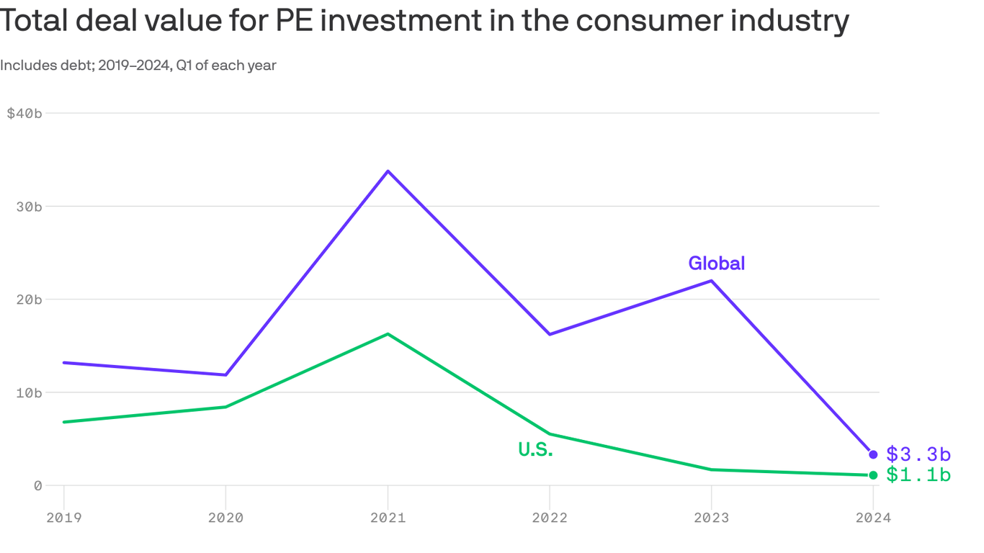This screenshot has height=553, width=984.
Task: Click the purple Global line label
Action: coord(716,264)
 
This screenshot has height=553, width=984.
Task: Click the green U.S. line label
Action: coord(535,450)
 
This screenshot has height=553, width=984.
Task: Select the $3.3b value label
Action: coord(918,454)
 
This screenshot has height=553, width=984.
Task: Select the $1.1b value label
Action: coord(918,475)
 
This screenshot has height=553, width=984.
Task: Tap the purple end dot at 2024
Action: coord(873,454)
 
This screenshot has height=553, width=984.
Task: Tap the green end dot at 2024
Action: coord(873,475)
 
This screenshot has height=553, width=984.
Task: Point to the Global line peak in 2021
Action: coord(388,171)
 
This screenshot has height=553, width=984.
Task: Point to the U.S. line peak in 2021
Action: coord(388,333)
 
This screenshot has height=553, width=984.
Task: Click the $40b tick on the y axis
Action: coord(24,113)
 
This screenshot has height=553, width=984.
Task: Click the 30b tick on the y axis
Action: coord(29,207)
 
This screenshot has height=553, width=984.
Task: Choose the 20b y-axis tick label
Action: coord(29,300)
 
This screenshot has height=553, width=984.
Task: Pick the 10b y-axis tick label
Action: coord(29,392)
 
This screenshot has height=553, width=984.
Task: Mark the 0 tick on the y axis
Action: coord(37,485)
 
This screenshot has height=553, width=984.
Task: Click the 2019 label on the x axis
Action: coord(63,518)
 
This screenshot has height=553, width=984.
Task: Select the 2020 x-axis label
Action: coord(225,518)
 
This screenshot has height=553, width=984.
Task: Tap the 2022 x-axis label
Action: coord(550,518)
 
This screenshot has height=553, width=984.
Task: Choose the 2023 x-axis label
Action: coord(712,518)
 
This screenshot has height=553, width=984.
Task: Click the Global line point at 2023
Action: coord(712,280)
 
